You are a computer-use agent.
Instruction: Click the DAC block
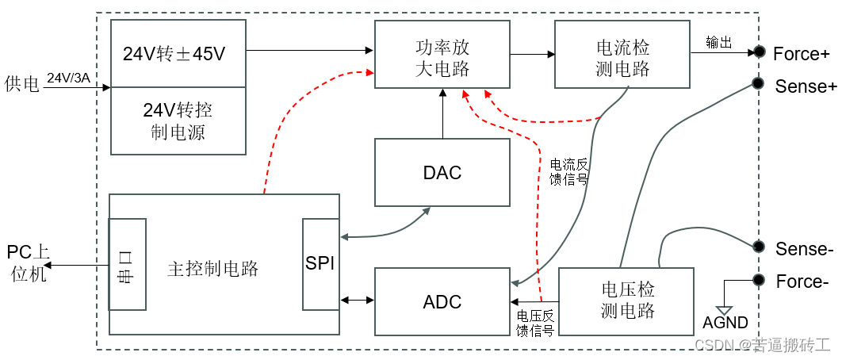point(442,173)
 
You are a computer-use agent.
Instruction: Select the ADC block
point(442,301)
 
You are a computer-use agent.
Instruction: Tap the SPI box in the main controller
point(320,264)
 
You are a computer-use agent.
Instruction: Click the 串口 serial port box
point(127,264)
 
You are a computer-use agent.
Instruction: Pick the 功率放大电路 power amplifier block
point(442,55)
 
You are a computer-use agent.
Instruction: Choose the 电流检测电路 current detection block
point(622,55)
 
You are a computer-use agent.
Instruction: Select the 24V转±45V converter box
point(178,55)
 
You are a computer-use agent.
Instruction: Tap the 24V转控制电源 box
point(178,121)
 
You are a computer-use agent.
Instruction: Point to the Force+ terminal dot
point(759,53)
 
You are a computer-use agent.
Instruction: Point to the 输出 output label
point(718,43)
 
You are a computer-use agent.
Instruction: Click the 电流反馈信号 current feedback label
point(569,172)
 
